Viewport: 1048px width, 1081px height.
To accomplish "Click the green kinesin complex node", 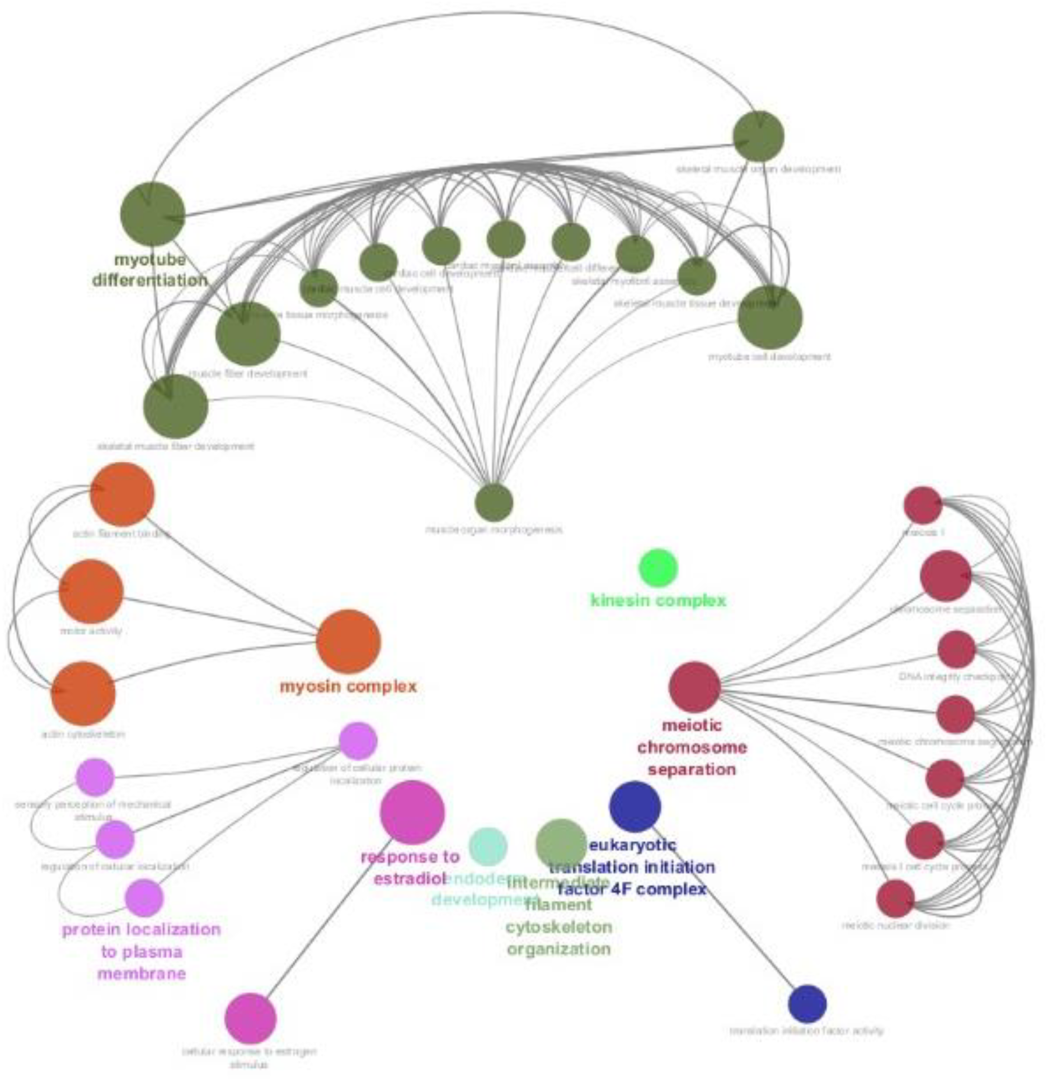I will (x=658, y=567).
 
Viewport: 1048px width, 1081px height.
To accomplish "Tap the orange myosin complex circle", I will (x=348, y=641).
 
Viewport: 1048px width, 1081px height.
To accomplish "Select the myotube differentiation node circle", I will (x=152, y=214).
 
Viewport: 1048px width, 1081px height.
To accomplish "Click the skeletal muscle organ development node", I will (x=758, y=136).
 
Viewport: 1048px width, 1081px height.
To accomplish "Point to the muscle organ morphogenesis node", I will (x=494, y=502).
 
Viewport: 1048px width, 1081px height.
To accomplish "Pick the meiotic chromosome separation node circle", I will (x=694, y=687).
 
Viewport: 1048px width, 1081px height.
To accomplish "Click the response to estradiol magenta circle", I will (x=412, y=812).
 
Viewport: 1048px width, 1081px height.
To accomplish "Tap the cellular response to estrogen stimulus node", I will (x=250, y=1018).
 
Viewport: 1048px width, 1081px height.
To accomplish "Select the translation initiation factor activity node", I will (x=807, y=1003).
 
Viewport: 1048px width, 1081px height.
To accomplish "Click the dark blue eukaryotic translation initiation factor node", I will (x=635, y=806).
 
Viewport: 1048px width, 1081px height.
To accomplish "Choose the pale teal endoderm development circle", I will (x=488, y=846).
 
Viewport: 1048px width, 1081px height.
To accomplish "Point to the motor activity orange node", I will (x=91, y=591).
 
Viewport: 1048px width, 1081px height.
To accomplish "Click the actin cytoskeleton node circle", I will (x=83, y=693).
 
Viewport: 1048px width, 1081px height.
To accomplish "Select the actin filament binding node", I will (x=122, y=494).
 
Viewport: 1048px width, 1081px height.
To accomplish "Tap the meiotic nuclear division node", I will (x=896, y=899).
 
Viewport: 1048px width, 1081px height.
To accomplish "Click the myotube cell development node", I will (x=770, y=318).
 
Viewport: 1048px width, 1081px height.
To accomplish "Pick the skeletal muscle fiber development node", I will (x=176, y=406).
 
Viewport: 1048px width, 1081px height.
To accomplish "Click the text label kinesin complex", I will (x=658, y=601).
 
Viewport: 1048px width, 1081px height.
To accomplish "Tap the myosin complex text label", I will (x=348, y=687).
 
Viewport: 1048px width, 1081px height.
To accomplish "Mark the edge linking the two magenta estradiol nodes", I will (x=331, y=915).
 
